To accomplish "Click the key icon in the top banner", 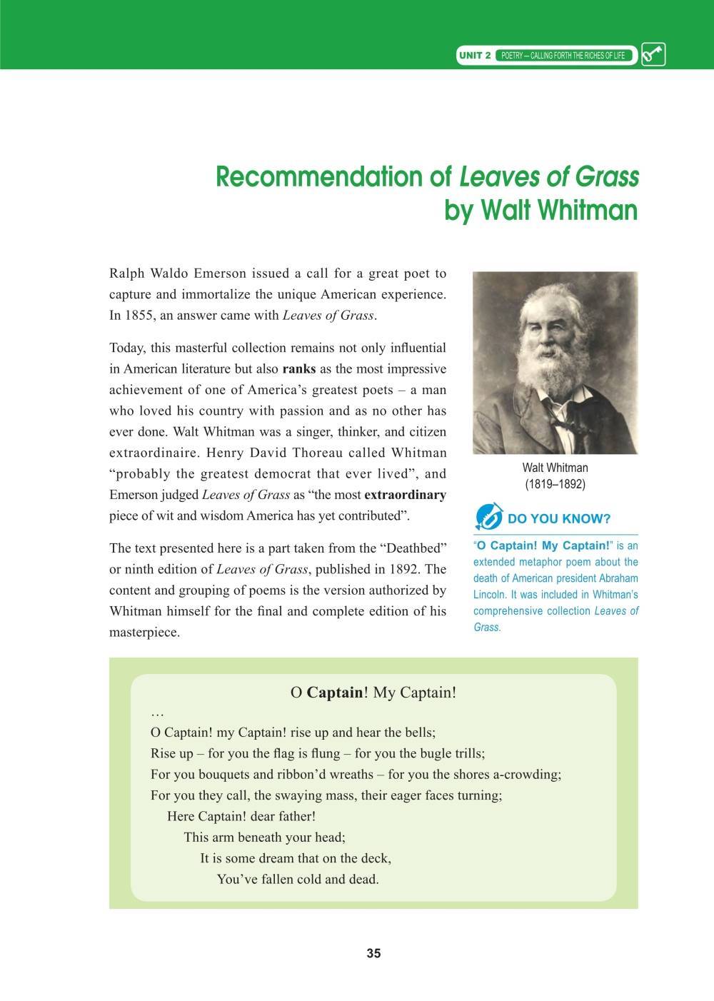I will [x=653, y=55].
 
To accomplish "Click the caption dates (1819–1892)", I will [x=555, y=484].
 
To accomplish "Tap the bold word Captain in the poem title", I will [x=334, y=693].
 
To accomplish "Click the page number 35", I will [x=373, y=953].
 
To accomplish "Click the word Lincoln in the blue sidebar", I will [x=491, y=594].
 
